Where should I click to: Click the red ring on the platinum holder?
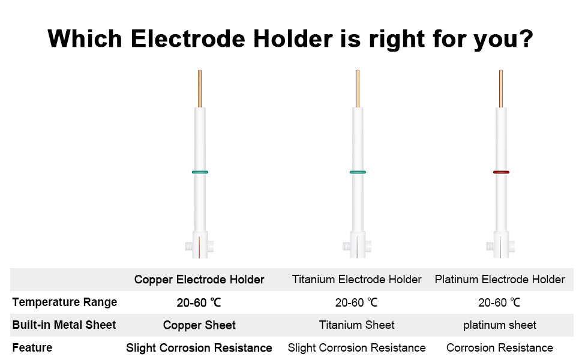pos(501,172)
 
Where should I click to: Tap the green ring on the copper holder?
pos(200,172)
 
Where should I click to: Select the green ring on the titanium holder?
pos(358,172)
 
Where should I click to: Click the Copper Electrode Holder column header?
pos(199,280)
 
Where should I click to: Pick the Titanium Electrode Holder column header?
pos(356,280)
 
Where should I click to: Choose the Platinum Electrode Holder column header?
pos(500,280)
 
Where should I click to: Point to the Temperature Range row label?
pos(65,302)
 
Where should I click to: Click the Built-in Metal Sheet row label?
pos(64,325)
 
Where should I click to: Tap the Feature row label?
pos(32,348)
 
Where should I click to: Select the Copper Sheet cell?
pos(199,325)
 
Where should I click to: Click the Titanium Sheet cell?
pos(356,325)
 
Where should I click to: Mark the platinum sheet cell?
pos(500,325)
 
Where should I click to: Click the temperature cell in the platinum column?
pos(499,303)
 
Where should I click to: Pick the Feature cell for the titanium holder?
pos(356,348)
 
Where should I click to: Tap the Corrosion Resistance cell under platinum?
pos(500,348)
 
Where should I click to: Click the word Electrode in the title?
pos(188,38)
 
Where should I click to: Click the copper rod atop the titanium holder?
pos(358,89)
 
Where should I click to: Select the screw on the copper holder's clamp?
pos(189,246)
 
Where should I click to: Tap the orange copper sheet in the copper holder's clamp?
pos(199,247)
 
